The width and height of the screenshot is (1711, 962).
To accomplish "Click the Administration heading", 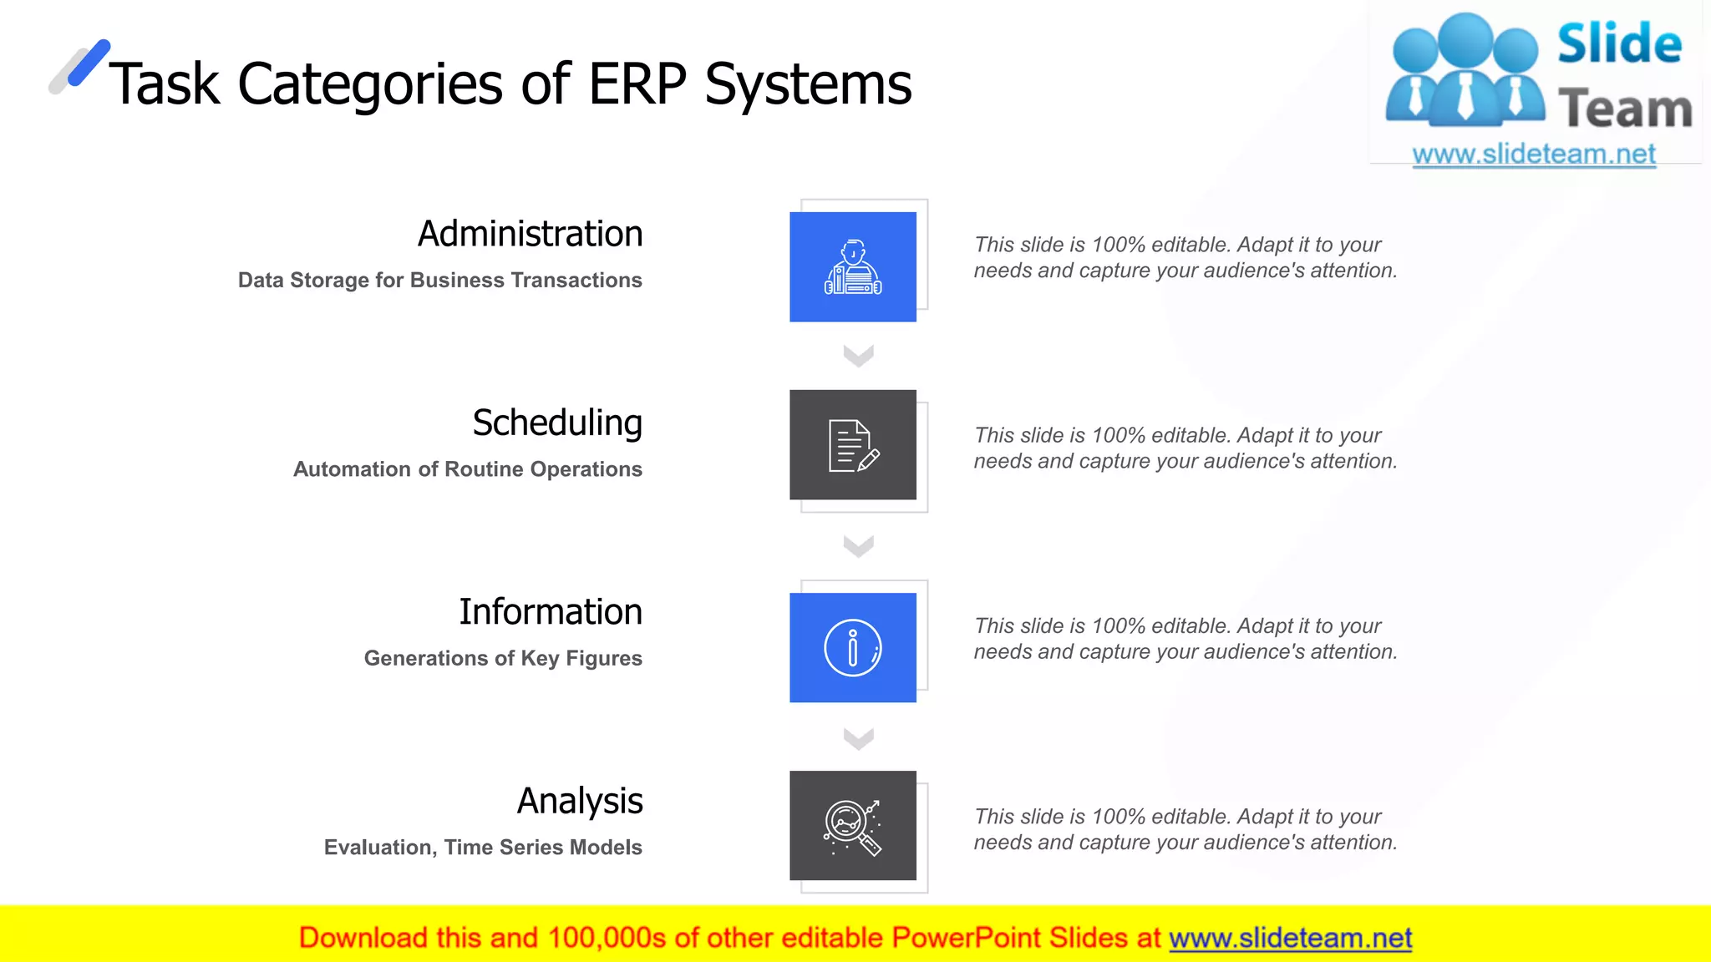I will (530, 234).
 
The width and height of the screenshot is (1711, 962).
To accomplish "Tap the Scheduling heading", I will (557, 423).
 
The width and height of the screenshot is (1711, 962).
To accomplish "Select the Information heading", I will (551, 612).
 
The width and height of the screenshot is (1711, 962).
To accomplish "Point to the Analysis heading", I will (580, 801).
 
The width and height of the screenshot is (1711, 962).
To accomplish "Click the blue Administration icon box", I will (852, 266).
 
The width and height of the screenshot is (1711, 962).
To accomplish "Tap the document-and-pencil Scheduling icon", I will (853, 445).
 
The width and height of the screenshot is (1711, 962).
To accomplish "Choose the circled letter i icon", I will (852, 648).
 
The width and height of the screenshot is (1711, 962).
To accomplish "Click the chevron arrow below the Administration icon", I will (858, 356).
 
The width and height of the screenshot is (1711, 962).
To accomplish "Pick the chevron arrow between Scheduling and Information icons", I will (858, 546).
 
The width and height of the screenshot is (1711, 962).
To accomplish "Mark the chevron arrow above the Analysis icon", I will (858, 739).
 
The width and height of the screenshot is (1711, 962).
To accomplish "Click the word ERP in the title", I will (637, 84).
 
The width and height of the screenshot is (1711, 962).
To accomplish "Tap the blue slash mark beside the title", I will (89, 63).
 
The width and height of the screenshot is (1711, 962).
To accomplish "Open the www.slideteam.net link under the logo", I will (1533, 154).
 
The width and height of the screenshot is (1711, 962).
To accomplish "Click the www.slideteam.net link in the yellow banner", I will (1290, 938).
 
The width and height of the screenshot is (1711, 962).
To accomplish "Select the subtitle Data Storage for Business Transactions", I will (439, 281).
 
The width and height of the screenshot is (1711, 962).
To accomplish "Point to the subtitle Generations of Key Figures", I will (503, 659).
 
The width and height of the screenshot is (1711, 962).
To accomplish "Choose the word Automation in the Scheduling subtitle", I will (352, 469).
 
